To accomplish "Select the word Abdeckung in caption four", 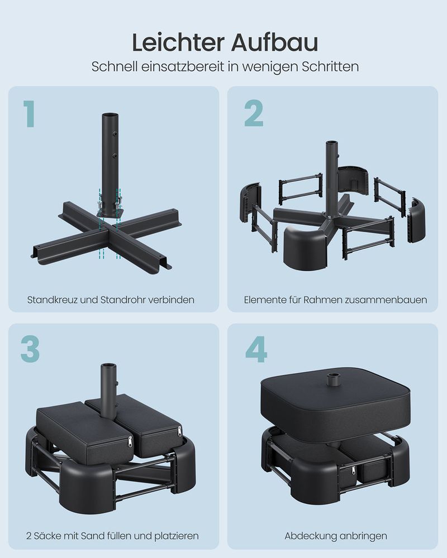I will (308, 536).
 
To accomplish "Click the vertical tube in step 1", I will (109, 151).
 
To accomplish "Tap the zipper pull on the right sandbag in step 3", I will (179, 431).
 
